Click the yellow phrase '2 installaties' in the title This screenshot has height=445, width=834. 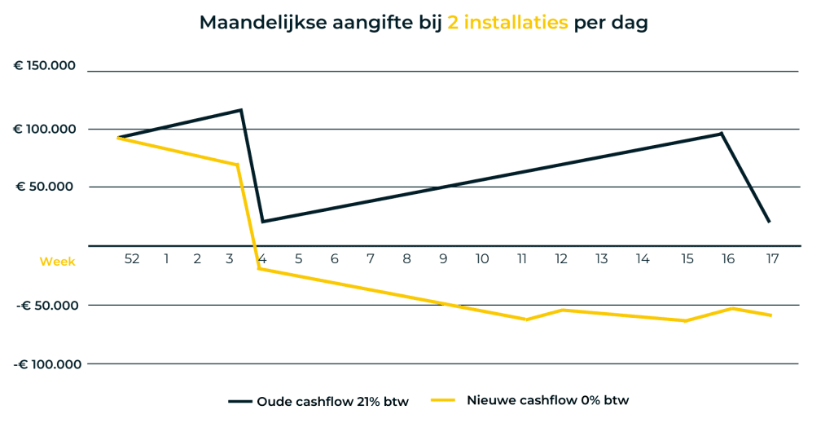[507, 23]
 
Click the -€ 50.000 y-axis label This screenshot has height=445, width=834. [49, 305]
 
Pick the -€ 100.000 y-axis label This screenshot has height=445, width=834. [46, 363]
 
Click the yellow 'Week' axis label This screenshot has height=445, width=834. [57, 262]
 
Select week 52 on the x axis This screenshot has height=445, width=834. [132, 259]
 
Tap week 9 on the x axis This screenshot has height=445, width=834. [443, 259]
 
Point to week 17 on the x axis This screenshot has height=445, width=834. [772, 259]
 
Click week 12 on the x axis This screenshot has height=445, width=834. [561, 259]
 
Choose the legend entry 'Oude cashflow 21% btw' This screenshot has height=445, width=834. [318, 401]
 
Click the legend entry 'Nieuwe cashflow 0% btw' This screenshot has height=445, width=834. [529, 401]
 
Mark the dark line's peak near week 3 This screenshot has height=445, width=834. [241, 110]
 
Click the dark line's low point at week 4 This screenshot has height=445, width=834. [262, 221]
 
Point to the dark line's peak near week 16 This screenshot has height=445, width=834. [722, 134]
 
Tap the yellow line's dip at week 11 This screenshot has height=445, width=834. [526, 319]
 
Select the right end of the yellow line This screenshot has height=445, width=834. [770, 315]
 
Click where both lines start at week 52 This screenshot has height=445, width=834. [119, 138]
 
